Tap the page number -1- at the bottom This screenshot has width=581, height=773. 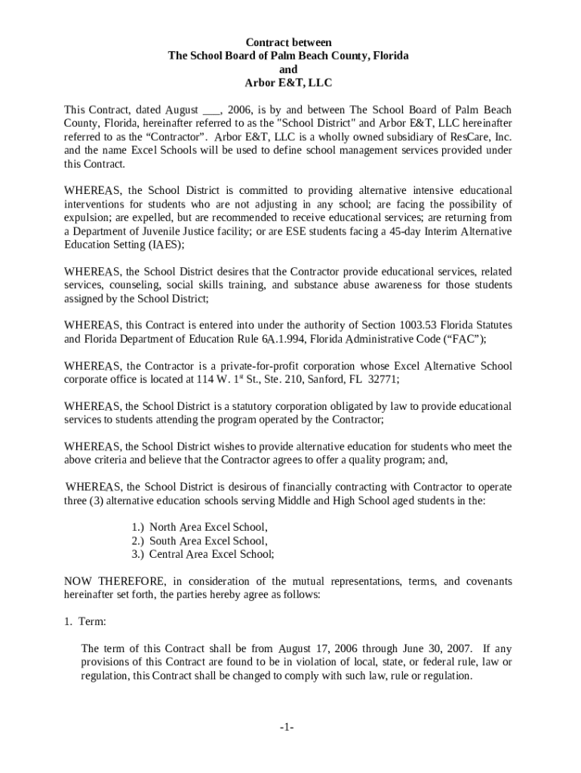(286, 727)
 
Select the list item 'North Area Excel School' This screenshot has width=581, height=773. (208, 527)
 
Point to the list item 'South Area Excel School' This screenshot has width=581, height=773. (208, 540)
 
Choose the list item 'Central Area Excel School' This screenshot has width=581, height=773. (211, 554)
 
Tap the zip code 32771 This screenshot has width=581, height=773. (383, 379)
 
